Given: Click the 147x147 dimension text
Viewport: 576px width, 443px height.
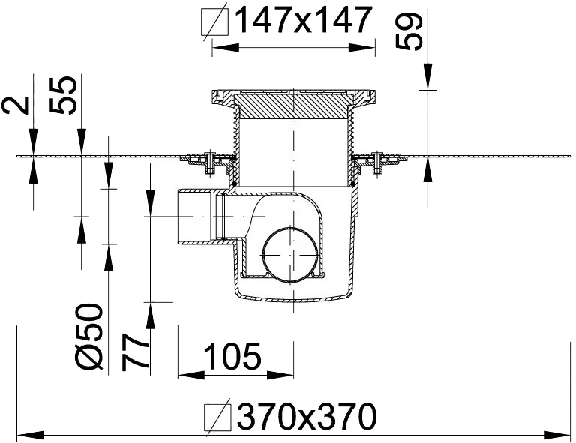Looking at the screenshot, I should (304, 21).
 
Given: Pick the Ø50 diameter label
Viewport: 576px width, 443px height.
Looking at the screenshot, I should (89, 337).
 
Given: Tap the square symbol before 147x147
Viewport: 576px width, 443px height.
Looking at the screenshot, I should (215, 22).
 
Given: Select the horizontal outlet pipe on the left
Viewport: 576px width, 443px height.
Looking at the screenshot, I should (199, 217).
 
